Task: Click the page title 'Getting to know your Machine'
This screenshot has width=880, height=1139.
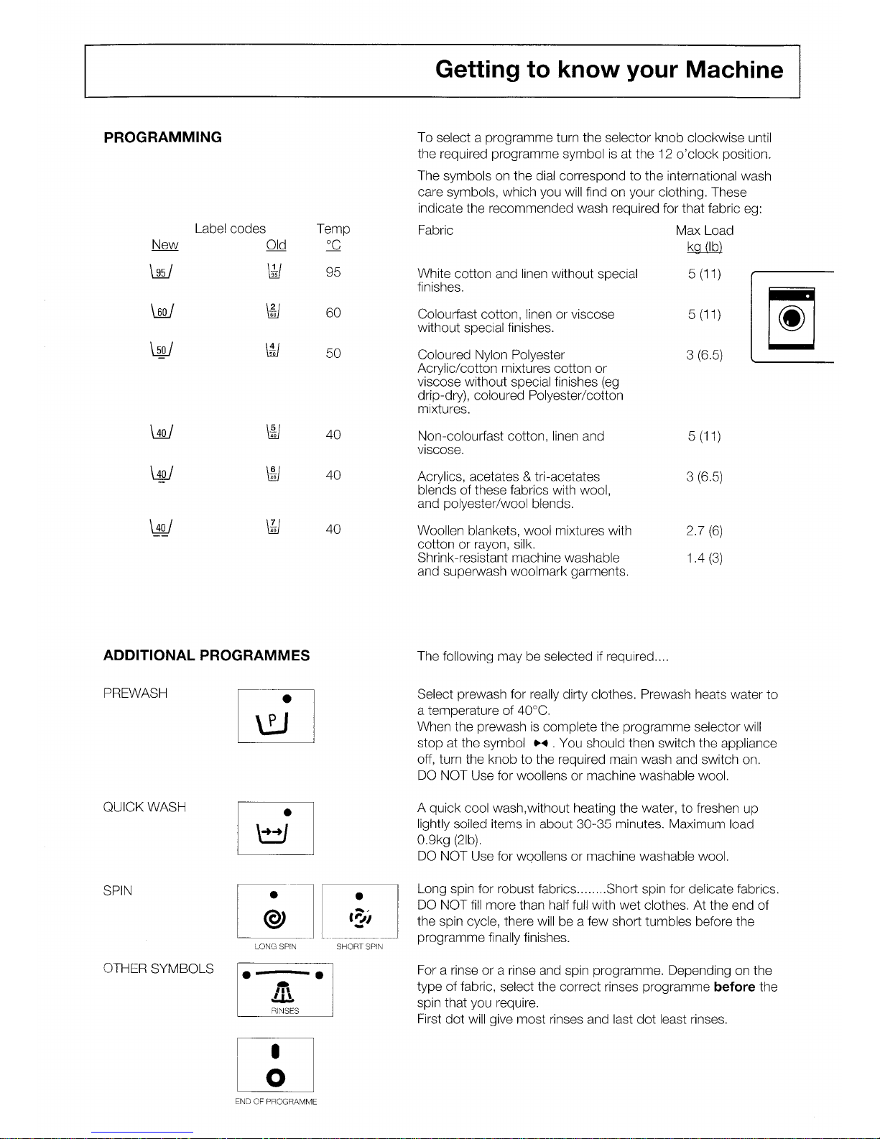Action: coord(608,70)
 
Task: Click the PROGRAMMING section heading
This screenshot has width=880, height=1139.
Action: coord(163,137)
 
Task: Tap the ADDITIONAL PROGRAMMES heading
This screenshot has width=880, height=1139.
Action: coord(207,655)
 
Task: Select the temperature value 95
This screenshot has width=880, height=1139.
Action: coord(333,272)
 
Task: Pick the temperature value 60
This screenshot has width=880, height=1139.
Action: coord(333,313)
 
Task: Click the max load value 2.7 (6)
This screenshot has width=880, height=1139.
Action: coord(703,531)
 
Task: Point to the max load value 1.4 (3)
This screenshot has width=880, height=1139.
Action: coord(703,558)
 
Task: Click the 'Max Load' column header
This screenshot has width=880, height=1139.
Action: coord(704,231)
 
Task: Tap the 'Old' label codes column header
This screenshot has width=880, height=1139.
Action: coord(276,246)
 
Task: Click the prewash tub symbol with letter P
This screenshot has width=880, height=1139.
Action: coord(275,722)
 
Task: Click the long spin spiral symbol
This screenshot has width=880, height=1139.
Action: coord(275,918)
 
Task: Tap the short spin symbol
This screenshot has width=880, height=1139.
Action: coord(359,918)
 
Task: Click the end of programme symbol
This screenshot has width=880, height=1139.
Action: coord(275,1076)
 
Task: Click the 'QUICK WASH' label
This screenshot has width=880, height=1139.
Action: coord(144,807)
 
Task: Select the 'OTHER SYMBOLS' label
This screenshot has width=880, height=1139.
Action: coord(159,969)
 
